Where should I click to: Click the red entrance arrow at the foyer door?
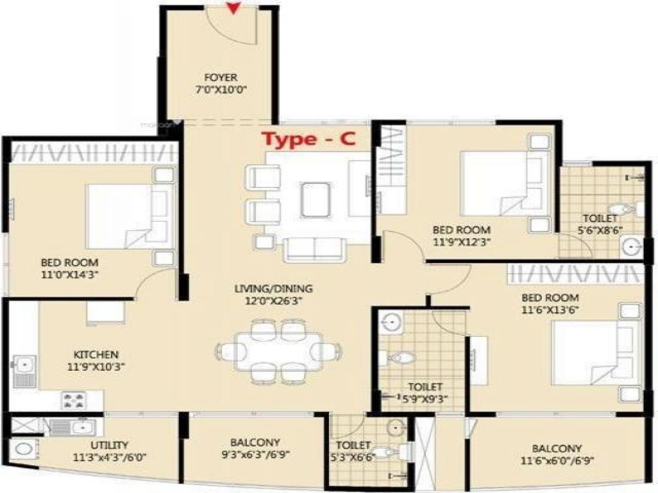(x=233, y=8)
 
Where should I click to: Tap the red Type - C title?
(x=309, y=139)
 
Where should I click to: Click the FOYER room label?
(x=221, y=78)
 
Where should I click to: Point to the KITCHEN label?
(x=96, y=355)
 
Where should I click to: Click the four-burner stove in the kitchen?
(x=73, y=401)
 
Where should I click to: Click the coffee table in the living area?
(x=315, y=199)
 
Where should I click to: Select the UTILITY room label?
(x=110, y=445)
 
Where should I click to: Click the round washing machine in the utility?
(x=24, y=450)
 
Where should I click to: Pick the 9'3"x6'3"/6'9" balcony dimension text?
(x=255, y=455)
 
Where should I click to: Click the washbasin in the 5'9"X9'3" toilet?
(x=392, y=322)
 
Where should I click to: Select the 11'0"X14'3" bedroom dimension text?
(x=70, y=275)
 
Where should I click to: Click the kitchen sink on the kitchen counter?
(x=25, y=371)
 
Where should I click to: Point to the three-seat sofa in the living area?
(x=314, y=250)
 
